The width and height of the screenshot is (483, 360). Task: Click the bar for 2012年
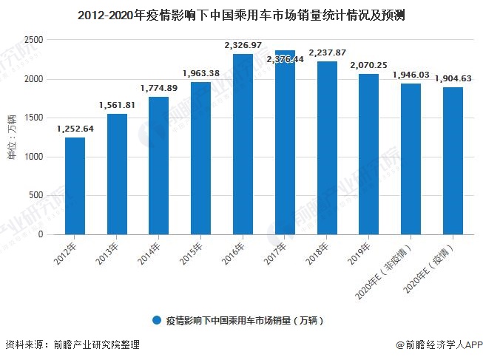point(75,186)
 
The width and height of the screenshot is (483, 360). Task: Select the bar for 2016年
point(243,144)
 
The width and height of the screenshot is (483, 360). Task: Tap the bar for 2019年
point(369,154)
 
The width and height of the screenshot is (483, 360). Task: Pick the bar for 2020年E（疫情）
point(453,160)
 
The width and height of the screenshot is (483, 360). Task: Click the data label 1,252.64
point(75,129)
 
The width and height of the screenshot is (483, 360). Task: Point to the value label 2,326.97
point(243,46)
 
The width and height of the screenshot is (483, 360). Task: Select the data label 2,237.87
point(327,52)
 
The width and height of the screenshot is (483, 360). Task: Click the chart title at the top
point(241,13)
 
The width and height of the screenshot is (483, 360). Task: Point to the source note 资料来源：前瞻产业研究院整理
point(72,345)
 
